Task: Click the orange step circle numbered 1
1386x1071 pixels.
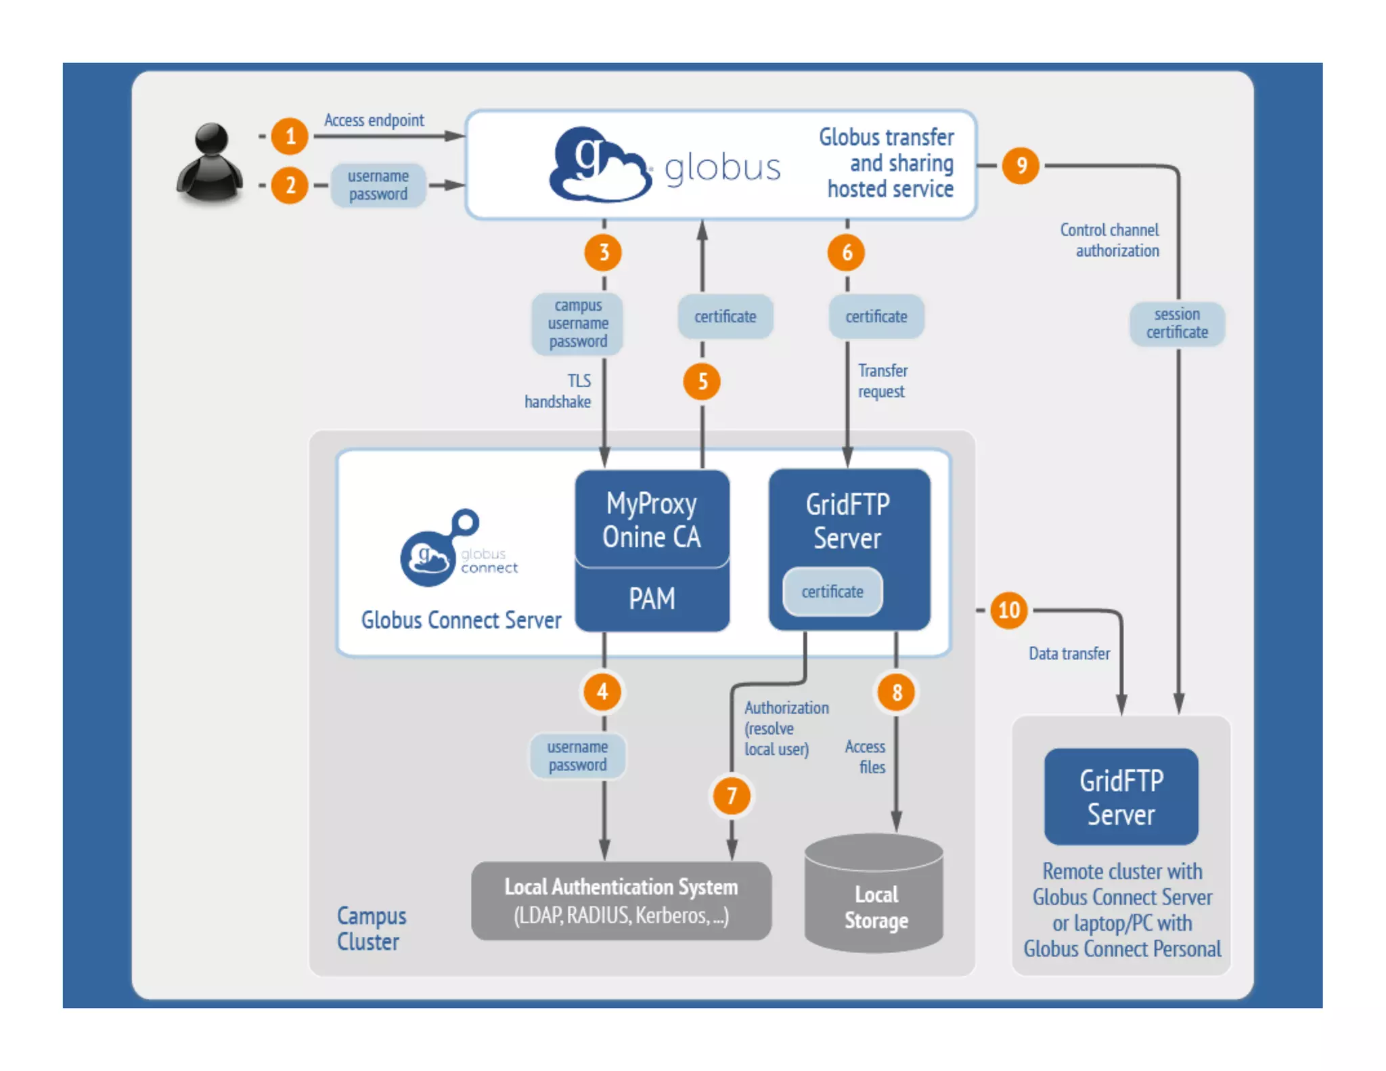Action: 290,136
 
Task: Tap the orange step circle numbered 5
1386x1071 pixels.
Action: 702,382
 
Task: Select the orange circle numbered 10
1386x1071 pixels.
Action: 1008,610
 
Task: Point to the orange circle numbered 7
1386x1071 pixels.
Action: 732,795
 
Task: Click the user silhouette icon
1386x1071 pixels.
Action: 210,163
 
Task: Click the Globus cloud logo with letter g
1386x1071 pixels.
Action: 599,165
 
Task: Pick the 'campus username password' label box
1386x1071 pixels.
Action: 577,324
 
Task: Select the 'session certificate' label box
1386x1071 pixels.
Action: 1177,324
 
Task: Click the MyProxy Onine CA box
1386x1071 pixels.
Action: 652,520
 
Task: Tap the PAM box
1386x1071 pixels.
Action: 652,598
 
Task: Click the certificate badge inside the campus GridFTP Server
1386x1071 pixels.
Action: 832,592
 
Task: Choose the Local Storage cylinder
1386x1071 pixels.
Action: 874,894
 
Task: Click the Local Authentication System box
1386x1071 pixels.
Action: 621,900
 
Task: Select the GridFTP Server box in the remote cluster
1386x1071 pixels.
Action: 1121,797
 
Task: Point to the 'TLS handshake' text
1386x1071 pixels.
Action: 559,391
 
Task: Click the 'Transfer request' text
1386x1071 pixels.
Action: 882,381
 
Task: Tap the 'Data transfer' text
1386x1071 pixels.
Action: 1069,653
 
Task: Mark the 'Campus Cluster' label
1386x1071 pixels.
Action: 371,928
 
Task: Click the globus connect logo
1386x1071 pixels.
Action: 458,549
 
